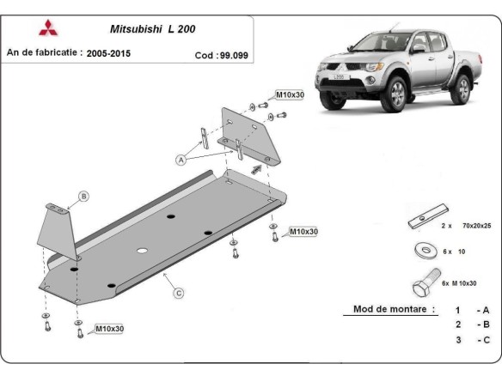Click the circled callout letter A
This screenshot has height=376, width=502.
(x=181, y=160)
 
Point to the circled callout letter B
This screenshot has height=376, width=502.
(x=83, y=197)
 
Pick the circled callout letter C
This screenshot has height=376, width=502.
(x=179, y=294)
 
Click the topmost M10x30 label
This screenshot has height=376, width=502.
(x=288, y=94)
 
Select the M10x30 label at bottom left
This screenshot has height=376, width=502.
(x=110, y=328)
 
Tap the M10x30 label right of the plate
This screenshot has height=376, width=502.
(x=303, y=232)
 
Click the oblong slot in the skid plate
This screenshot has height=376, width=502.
(x=143, y=252)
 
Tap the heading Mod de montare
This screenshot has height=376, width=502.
(x=394, y=309)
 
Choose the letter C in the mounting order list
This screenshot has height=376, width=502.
(x=486, y=339)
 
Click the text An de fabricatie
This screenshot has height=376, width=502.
(x=44, y=53)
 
